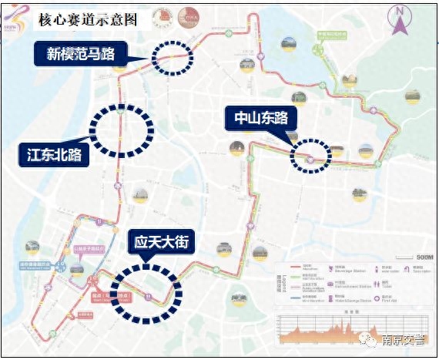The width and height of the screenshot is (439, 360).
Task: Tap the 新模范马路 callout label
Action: pos(80,53)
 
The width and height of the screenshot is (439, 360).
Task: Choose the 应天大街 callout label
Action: pos(162,242)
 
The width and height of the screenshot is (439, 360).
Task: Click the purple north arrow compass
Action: pos(400,20)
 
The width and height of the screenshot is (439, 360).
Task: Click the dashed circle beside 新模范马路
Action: pos(171,57)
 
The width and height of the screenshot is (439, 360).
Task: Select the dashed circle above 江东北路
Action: pos(122,131)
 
